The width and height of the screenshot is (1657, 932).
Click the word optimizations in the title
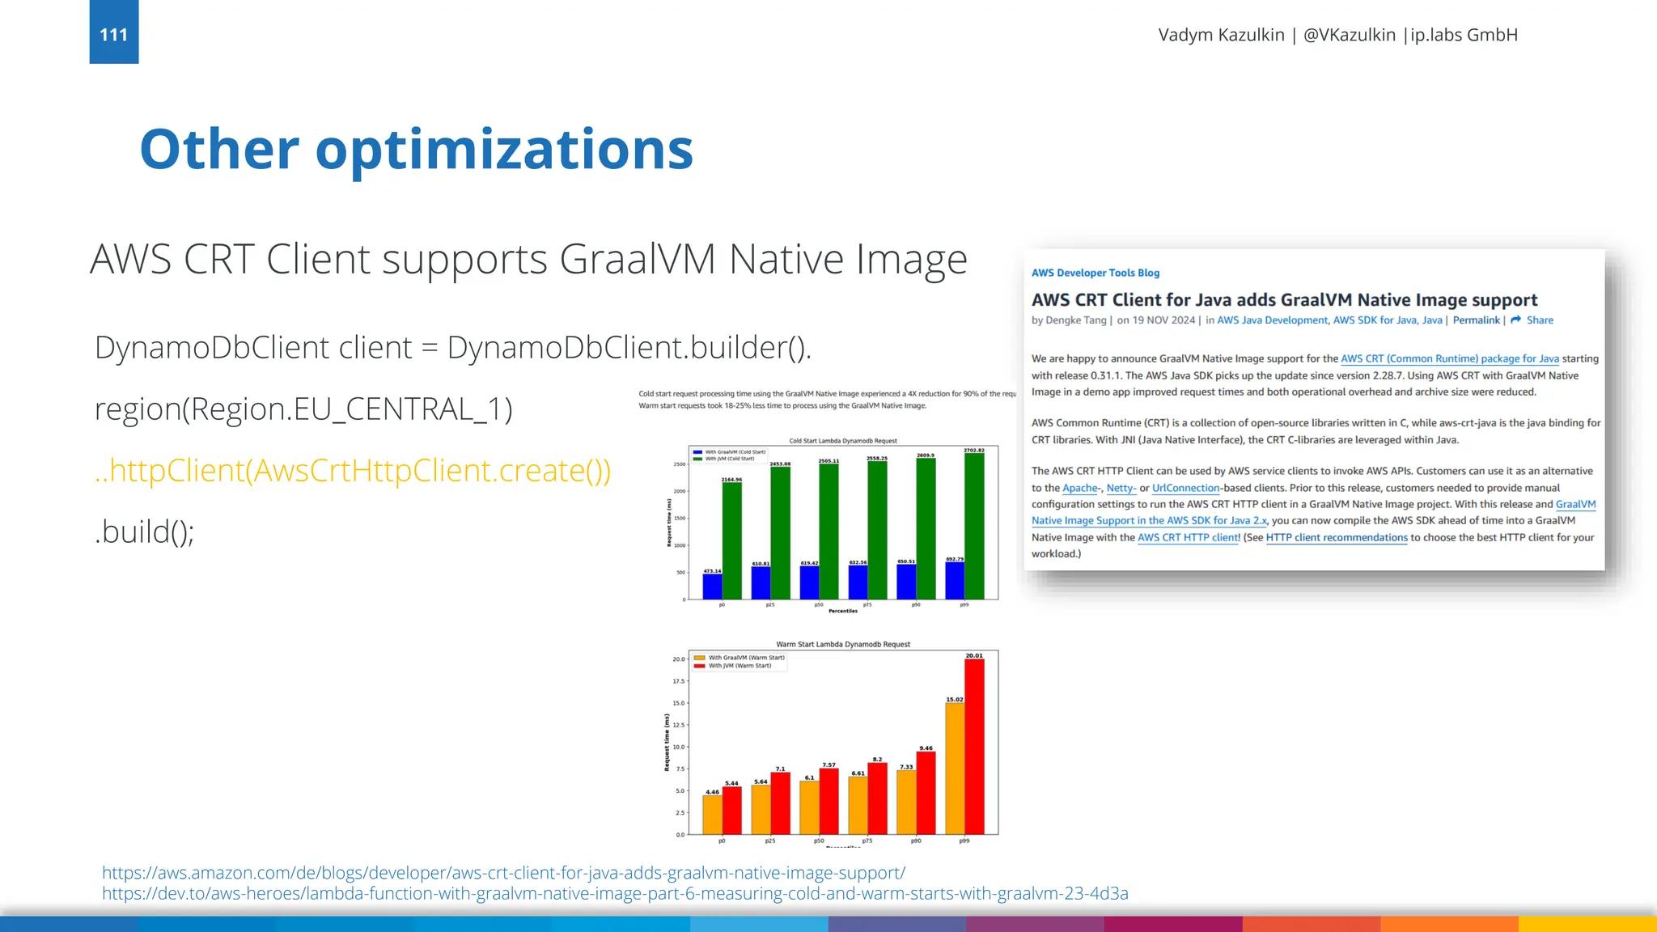point(504,150)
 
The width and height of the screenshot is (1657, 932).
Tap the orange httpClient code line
point(353,470)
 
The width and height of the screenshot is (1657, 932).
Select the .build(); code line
point(145,532)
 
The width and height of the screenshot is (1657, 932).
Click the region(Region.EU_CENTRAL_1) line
point(303,409)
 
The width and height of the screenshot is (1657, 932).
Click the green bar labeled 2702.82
point(974,526)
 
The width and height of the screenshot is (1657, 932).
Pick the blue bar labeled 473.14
point(712,587)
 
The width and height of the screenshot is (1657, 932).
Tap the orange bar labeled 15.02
point(955,769)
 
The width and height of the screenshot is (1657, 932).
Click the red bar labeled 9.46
point(926,793)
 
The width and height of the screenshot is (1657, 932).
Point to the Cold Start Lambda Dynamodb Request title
point(843,441)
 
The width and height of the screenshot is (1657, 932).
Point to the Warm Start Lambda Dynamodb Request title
point(843,645)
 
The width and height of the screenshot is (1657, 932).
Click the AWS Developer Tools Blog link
point(1095,273)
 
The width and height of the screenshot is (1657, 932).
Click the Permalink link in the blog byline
point(1476,320)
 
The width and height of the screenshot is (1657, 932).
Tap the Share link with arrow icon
point(1533,320)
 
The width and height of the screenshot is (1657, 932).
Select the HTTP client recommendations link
point(1337,537)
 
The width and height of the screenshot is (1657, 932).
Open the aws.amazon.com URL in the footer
point(503,873)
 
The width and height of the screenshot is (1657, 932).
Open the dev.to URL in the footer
point(615,893)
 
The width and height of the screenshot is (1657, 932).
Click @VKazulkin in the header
point(1349,35)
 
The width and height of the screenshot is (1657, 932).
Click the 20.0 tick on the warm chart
point(678,659)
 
